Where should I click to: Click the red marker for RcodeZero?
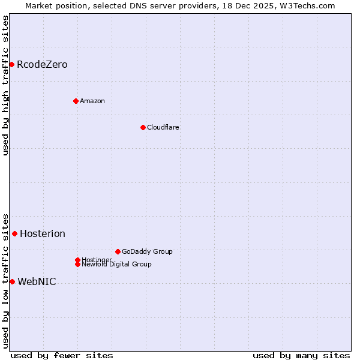11,64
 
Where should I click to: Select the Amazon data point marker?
76,101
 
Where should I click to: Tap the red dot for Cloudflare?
143,127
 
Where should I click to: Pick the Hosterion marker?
14,233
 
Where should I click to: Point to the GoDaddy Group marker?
118,251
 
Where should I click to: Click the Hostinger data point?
77,260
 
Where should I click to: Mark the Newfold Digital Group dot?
77,265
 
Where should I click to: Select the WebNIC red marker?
12,281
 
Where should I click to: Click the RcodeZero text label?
42,64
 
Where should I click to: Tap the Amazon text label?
92,101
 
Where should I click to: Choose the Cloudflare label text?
163,127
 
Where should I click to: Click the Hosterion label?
43,233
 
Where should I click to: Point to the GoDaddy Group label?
147,251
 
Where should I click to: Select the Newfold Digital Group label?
116,265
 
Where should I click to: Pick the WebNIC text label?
37,281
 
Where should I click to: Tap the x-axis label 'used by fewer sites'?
62,355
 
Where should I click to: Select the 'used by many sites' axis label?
301,355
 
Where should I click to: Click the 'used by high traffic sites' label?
5,85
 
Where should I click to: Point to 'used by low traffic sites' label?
5,280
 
